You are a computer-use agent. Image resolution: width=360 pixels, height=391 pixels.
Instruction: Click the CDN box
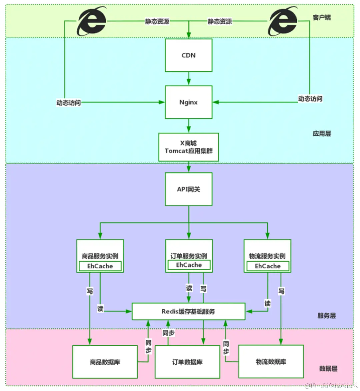(x=188, y=55)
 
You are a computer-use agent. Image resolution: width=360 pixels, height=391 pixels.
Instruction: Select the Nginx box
(x=188, y=102)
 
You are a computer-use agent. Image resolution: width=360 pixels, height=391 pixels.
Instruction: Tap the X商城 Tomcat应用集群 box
(x=188, y=147)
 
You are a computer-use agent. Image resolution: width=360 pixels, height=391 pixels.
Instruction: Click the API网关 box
(x=188, y=189)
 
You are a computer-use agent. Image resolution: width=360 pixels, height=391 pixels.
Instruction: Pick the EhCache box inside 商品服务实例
(x=100, y=266)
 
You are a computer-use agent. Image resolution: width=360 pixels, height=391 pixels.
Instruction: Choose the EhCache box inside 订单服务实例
(x=189, y=265)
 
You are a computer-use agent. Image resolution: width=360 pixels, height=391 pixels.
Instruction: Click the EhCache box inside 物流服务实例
(x=268, y=266)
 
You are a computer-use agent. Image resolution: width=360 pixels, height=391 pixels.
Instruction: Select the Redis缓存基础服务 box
(x=188, y=311)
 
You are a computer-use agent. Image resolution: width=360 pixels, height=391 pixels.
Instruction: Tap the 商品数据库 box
(x=105, y=362)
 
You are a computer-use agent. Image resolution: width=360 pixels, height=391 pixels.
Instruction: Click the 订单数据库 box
(x=187, y=362)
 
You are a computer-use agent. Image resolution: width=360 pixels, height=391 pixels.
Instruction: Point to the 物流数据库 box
(x=271, y=362)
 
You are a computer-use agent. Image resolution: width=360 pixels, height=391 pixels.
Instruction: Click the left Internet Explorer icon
(x=91, y=21)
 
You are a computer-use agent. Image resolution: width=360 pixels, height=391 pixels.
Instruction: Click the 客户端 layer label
(x=322, y=17)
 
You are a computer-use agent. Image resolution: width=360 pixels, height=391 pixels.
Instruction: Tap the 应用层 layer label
(x=322, y=134)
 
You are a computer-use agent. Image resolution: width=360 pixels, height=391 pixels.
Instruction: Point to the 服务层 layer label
(x=326, y=316)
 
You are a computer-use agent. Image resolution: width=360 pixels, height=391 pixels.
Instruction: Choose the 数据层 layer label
(x=328, y=369)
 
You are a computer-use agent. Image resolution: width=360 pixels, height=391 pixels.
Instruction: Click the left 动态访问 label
(x=68, y=103)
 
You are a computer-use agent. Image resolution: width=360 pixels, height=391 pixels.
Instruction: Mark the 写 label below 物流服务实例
(x=281, y=291)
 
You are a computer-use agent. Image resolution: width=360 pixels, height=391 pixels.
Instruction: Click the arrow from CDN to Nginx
(x=189, y=79)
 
